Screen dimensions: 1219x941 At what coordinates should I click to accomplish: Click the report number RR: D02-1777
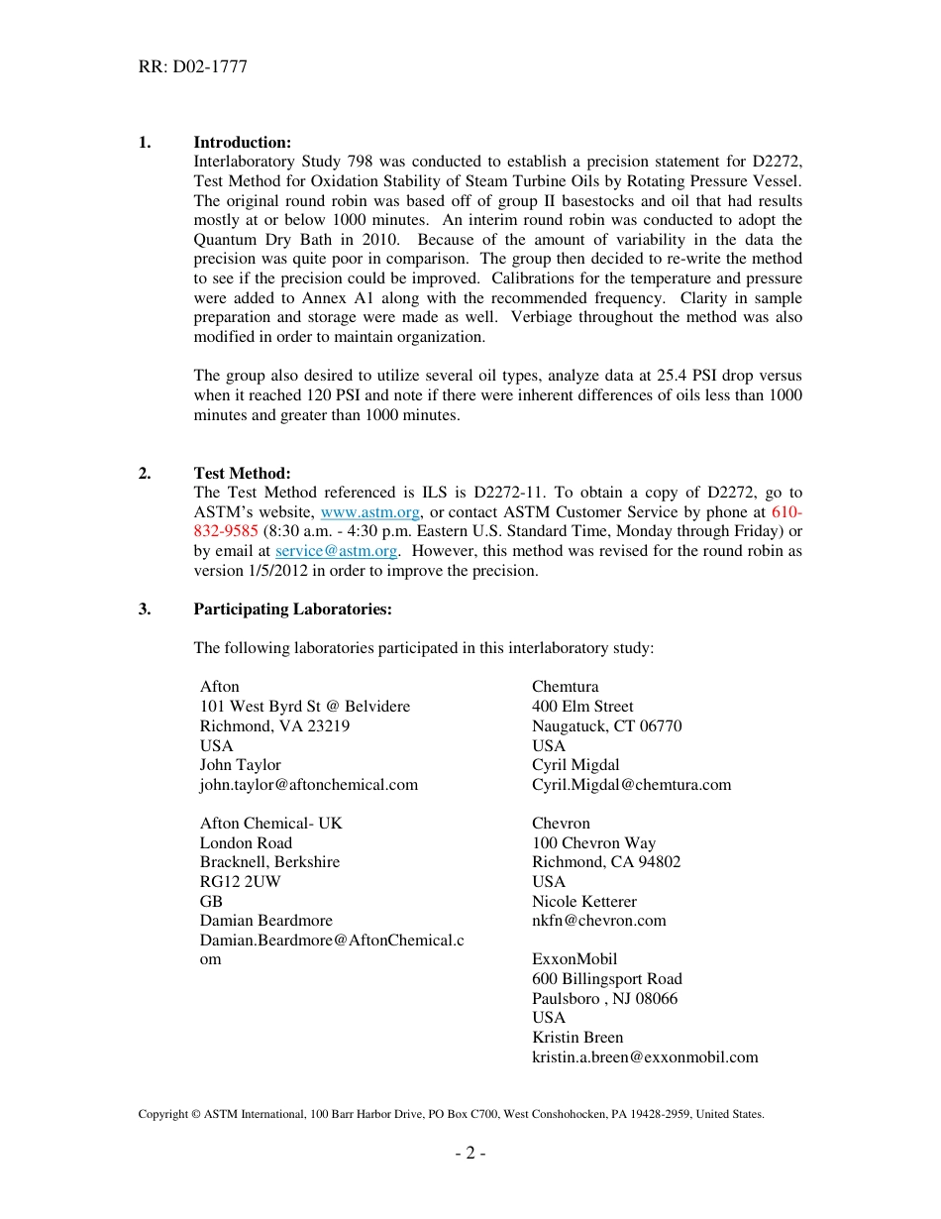[x=193, y=67]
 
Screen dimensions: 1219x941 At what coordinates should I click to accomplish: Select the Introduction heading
[x=242, y=143]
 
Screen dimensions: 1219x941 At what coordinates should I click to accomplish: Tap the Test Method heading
[x=242, y=474]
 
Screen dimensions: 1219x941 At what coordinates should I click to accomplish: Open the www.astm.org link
[x=372, y=512]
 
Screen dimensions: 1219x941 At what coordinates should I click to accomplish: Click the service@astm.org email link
[x=336, y=551]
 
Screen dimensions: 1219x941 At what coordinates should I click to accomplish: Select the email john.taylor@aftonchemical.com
[x=309, y=785]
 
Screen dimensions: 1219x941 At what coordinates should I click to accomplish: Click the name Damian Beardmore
[x=266, y=921]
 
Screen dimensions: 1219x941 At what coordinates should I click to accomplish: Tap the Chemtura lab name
[x=566, y=687]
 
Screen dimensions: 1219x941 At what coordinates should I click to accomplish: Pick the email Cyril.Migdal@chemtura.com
[x=632, y=785]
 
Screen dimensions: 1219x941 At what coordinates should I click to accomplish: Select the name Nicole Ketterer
[x=584, y=902]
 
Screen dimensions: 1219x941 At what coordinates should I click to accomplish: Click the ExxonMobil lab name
[x=575, y=959]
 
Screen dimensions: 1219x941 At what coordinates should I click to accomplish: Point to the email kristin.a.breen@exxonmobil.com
[x=645, y=1057]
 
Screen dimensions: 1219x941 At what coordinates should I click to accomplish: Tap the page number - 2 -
[x=470, y=1154]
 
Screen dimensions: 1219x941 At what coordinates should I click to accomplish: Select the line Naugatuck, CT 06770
[x=606, y=726]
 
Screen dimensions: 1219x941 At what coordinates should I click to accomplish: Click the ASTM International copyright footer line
[x=451, y=1114]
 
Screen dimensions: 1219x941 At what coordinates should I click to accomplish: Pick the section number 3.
[x=145, y=609]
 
